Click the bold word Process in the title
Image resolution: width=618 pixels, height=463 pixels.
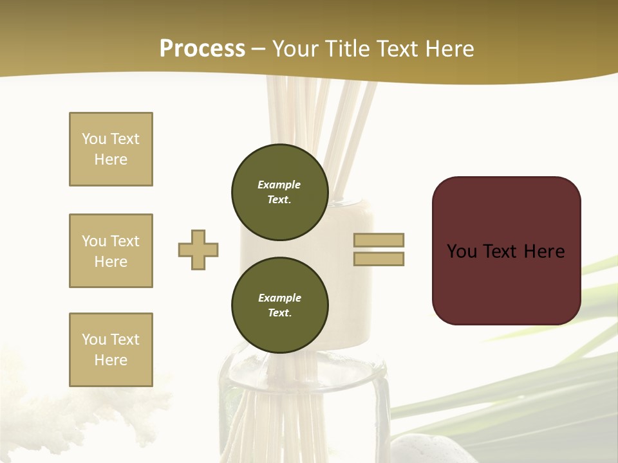tap(202, 49)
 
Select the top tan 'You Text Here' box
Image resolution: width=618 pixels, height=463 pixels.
tap(111, 149)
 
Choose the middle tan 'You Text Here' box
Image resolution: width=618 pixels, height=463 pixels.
tap(111, 251)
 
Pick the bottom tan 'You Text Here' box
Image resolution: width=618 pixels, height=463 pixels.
tap(111, 350)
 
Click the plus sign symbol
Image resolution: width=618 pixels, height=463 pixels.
tap(198, 250)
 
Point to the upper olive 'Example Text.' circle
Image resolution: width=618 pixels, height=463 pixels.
tap(279, 192)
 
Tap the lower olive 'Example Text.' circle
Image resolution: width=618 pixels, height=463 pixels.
tap(279, 305)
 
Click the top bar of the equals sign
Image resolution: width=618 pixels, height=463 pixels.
tap(379, 240)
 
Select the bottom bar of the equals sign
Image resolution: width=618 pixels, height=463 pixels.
tap(379, 259)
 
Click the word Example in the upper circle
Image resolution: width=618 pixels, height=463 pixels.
tap(279, 185)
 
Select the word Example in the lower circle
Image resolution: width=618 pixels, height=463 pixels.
tap(279, 298)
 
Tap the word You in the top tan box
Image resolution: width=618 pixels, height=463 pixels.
tap(93, 139)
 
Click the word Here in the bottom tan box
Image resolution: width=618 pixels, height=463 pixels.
tap(111, 360)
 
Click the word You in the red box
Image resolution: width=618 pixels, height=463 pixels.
tap(462, 251)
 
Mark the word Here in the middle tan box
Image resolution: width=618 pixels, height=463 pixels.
tap(111, 262)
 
